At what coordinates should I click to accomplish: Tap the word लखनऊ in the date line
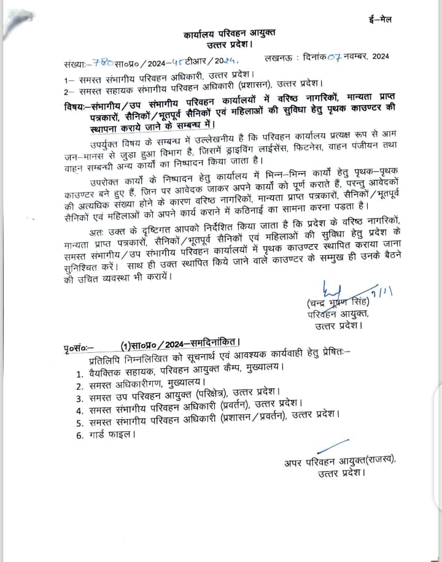(x=277, y=58)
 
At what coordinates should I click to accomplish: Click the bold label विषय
(x=77, y=102)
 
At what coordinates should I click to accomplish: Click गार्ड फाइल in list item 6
(x=110, y=434)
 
